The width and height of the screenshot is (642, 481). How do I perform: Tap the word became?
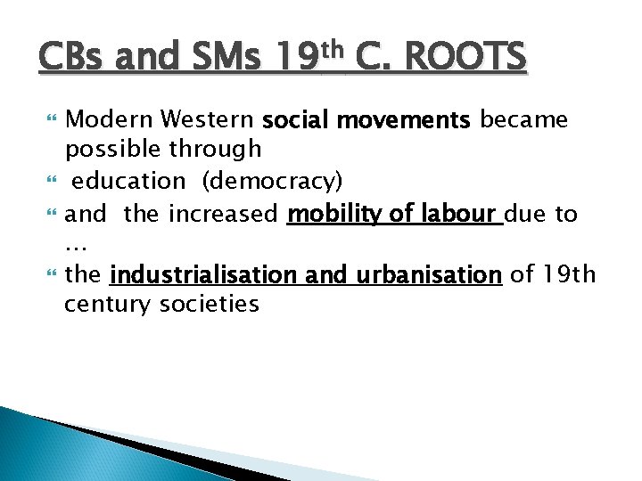pos(524,119)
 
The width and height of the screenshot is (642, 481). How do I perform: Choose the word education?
pos(128,181)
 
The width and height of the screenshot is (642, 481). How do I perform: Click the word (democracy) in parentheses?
pos(271,181)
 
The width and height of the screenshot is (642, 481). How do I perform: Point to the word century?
pos(105,306)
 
